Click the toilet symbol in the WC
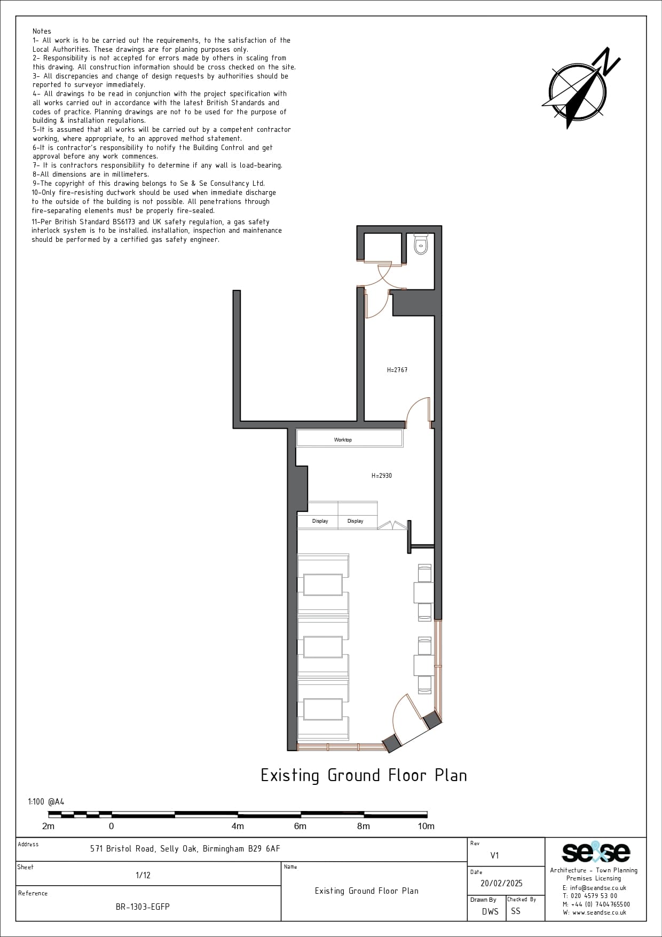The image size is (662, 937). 421,245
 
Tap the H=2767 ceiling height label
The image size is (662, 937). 397,369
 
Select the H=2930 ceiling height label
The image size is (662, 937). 382,475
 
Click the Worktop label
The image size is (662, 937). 343,440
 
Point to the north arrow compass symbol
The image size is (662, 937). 580,88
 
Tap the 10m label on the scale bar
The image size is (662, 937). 426,826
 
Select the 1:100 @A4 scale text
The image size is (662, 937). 46,801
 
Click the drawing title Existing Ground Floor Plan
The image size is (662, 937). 364,775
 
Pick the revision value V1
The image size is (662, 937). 494,855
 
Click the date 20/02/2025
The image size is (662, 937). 501,884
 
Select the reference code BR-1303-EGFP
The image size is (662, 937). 143,907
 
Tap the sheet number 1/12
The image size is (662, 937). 143,875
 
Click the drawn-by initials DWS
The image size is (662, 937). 490,911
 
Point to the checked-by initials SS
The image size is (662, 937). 515,911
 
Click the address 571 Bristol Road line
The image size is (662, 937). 185,848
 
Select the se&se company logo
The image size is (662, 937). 596,853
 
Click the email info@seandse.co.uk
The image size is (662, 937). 594,888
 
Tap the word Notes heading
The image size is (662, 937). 42,32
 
